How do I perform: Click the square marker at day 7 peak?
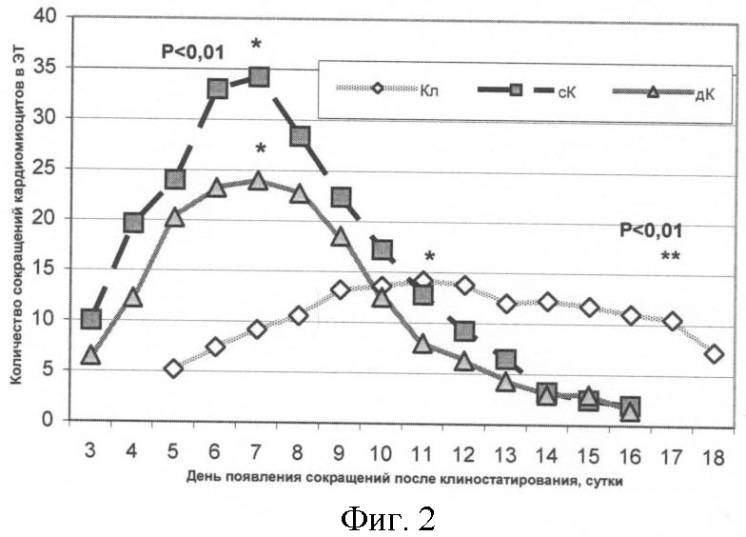[x=259, y=76]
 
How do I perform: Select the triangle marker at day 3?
[x=91, y=355]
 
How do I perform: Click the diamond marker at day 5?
[x=174, y=368]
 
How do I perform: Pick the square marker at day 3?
[x=91, y=318]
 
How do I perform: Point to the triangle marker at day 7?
[x=258, y=180]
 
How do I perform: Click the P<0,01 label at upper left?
[x=193, y=52]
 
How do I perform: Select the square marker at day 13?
[x=506, y=360]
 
